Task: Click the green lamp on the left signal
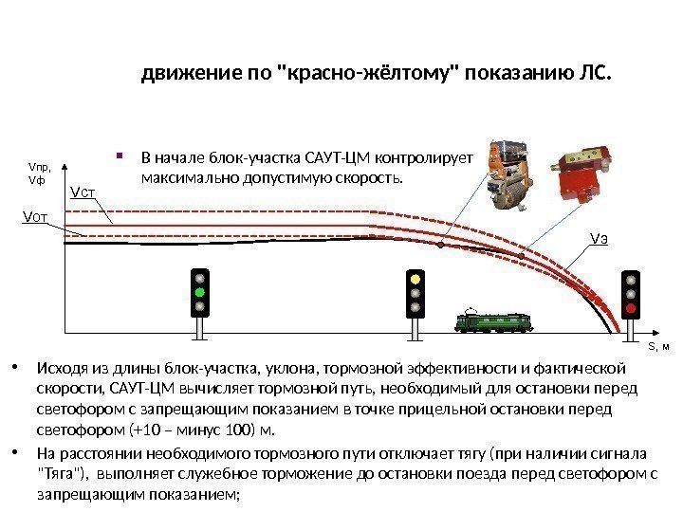coord(199,293)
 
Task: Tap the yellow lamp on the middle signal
coord(415,281)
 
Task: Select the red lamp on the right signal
coord(629,307)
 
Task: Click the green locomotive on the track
coord(493,323)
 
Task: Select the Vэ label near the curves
coord(599,237)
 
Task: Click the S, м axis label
coord(658,347)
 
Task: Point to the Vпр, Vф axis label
coord(39,172)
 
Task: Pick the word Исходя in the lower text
coord(59,368)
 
